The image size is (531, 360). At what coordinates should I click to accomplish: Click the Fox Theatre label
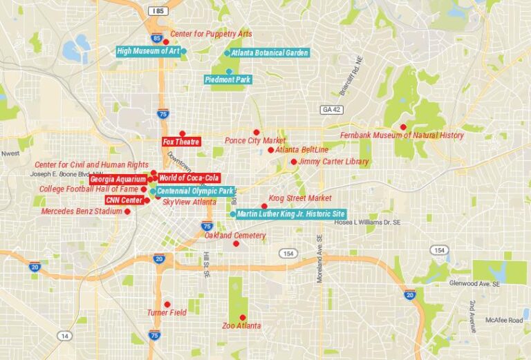click(x=181, y=142)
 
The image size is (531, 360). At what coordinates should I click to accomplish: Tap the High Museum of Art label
click(x=148, y=51)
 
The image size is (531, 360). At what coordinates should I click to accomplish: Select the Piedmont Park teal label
click(x=228, y=79)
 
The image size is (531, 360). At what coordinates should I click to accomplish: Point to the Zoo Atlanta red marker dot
click(x=242, y=317)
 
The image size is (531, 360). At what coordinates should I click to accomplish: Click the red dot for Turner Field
click(x=167, y=304)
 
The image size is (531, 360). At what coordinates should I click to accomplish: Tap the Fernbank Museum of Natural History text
click(x=402, y=135)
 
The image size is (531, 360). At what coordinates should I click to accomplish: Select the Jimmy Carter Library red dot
click(x=294, y=162)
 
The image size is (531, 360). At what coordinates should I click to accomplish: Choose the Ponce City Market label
click(x=255, y=141)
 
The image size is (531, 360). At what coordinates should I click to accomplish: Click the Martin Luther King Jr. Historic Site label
click(x=290, y=214)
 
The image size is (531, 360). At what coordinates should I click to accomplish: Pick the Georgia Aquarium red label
click(x=118, y=179)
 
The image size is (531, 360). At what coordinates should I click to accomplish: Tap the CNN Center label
click(x=124, y=200)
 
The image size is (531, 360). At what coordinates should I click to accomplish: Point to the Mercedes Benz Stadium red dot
click(x=127, y=211)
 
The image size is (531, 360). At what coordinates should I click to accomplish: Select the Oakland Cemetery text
click(x=235, y=236)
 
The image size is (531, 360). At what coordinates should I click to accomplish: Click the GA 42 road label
click(x=331, y=109)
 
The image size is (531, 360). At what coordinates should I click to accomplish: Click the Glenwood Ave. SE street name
click(x=478, y=283)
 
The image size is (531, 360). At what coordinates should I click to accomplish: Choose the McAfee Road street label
click(x=503, y=319)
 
